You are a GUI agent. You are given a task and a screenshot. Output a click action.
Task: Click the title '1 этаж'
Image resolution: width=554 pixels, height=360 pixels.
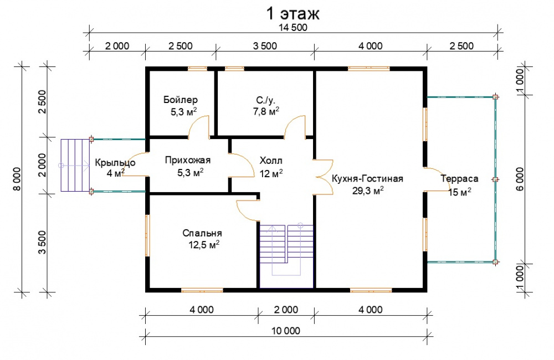pos(293,13)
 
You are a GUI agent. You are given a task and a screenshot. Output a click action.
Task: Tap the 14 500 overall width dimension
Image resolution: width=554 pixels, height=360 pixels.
pos(293,28)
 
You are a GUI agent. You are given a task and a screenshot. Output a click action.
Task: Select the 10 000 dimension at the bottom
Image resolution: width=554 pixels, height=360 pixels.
pos(285,331)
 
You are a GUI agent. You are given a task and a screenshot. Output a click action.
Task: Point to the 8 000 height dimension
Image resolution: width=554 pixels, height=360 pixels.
pos(17,179)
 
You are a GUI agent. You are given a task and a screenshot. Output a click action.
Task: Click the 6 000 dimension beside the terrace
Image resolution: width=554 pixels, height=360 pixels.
pos(520,179)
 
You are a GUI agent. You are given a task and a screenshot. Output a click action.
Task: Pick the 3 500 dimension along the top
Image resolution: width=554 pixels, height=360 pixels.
pos(265,46)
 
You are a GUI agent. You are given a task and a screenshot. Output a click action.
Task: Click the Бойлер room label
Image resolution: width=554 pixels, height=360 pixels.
pos(181,100)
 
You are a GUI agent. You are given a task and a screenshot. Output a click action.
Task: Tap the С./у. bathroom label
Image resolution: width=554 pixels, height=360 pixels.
pos(265,100)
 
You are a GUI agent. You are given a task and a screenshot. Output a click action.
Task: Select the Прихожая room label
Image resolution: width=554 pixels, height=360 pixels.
pos(188,161)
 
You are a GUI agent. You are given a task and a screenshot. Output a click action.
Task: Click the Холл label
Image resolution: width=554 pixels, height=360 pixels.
pos(271,161)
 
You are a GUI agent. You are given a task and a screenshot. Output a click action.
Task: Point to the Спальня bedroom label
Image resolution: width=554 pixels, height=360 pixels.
pos(202,233)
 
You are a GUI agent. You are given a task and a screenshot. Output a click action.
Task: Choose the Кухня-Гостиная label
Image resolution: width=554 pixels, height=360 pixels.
pos(367,178)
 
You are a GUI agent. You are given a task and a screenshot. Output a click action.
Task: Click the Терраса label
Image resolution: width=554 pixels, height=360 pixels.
pos(459,179)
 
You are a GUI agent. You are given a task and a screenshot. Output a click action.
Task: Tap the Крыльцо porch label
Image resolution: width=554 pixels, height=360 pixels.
pos(115,163)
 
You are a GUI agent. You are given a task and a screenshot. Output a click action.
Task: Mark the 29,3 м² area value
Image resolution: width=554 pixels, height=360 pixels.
pos(368,191)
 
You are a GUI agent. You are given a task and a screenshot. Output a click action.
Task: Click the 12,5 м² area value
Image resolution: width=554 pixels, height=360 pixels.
pos(204,244)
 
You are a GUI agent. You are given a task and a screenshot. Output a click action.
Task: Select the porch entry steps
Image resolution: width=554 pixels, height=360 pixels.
pos(75,166)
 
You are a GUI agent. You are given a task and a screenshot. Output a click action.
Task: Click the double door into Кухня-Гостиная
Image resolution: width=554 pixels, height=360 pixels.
pos(324,177)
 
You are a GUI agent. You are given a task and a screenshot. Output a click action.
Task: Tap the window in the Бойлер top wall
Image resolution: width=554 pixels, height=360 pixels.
pos(197,69)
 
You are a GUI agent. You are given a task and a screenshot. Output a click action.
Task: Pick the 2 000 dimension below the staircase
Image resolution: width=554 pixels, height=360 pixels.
pos(286,310)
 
